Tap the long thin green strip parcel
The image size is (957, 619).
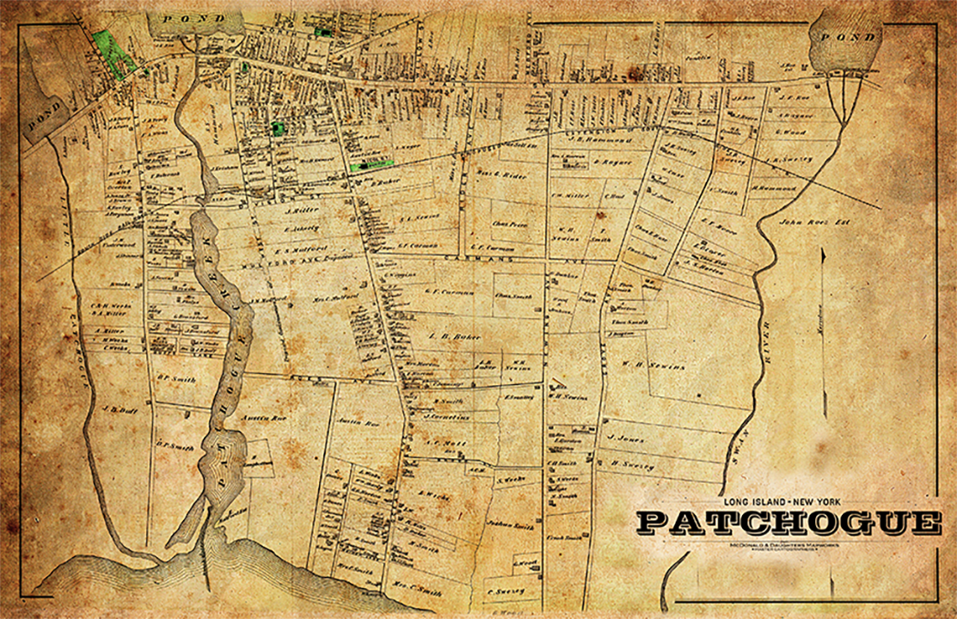(371, 164)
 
